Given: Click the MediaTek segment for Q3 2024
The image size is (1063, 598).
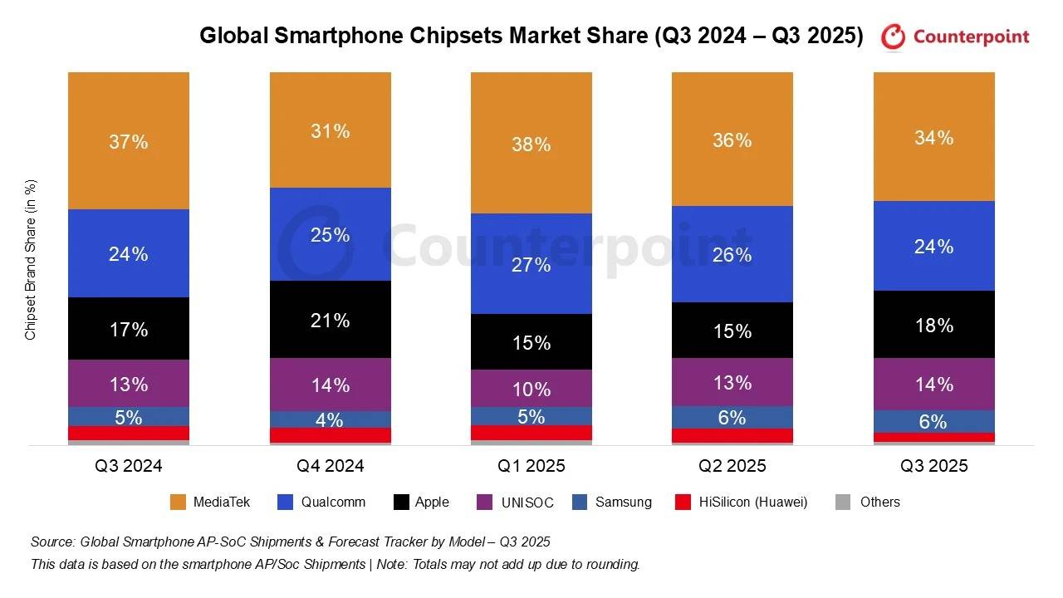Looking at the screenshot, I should pyautogui.click(x=129, y=140).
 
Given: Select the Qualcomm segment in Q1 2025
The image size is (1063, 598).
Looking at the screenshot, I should pyautogui.click(x=531, y=263).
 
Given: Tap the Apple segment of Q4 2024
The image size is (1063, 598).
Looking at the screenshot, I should pyautogui.click(x=330, y=320).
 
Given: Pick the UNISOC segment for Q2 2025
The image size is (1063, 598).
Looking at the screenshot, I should pyautogui.click(x=732, y=382).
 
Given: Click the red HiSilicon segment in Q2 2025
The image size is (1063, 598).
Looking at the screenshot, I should pyautogui.click(x=732, y=436).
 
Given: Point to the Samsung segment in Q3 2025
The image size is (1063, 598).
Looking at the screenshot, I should pyautogui.click(x=933, y=421).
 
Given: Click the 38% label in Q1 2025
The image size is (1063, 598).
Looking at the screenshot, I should pyautogui.click(x=531, y=145).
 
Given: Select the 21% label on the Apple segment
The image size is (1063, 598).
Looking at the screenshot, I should pyautogui.click(x=330, y=321).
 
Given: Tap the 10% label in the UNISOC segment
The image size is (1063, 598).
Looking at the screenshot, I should pyautogui.click(x=531, y=389).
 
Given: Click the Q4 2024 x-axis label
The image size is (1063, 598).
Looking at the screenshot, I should pyautogui.click(x=330, y=466).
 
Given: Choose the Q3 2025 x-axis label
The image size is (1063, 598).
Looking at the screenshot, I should pyautogui.click(x=933, y=466).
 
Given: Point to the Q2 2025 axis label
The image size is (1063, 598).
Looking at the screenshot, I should pyautogui.click(x=732, y=466).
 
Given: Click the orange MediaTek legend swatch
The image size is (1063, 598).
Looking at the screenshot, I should pyautogui.click(x=178, y=502).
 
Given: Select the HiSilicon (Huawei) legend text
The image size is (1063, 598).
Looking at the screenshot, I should pyautogui.click(x=753, y=502).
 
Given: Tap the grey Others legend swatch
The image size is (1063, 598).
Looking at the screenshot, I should pyautogui.click(x=843, y=502).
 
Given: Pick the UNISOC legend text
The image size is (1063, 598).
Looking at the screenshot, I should pyautogui.click(x=528, y=502).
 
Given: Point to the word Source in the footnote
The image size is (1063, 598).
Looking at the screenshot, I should pyautogui.click(x=51, y=542).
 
